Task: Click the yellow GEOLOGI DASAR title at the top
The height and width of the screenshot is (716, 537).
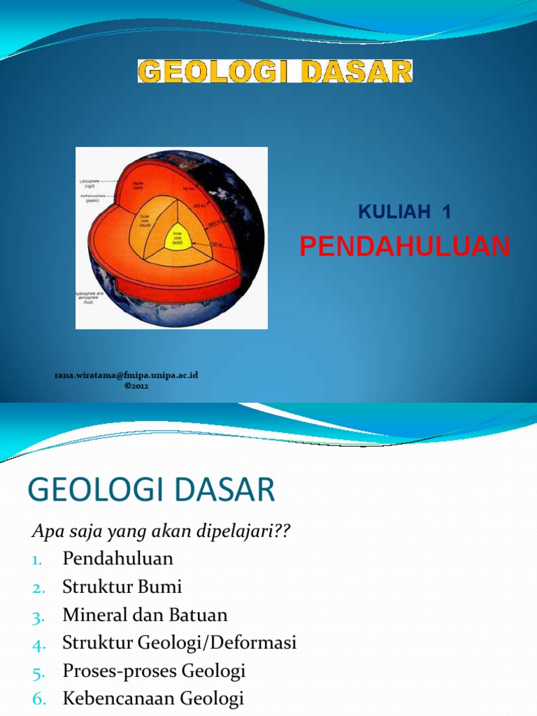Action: (275, 71)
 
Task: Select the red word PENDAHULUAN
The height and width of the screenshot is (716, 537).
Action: (405, 246)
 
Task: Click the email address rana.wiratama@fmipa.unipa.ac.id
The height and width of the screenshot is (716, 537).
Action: (127, 375)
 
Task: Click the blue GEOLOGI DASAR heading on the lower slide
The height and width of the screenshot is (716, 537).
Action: (152, 490)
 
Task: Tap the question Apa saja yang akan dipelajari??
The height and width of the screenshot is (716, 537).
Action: (161, 531)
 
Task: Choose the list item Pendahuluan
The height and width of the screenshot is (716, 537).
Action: (117, 559)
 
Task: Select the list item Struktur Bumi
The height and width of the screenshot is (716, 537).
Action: (122, 587)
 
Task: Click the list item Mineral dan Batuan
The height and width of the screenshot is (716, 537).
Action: (145, 615)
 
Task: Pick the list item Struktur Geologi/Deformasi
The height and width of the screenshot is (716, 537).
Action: (179, 643)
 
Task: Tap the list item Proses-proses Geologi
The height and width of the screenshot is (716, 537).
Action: (154, 671)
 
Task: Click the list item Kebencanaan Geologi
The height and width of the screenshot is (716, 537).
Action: (152, 699)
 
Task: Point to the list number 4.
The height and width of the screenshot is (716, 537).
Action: (38, 644)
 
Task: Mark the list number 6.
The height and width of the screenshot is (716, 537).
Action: (38, 700)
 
